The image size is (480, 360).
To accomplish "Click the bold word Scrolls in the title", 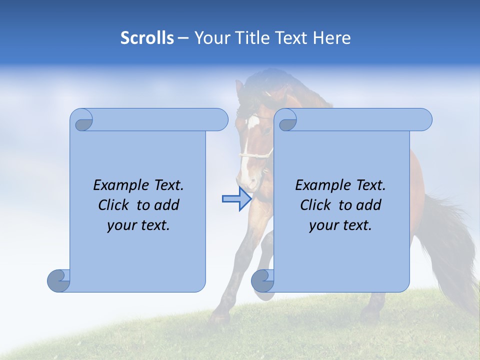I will tap(147, 38).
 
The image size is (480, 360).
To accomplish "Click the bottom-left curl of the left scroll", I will tap(58, 281).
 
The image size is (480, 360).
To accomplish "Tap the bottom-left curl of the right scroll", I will tap(262, 281).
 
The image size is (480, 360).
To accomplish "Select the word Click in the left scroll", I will tap(115, 205).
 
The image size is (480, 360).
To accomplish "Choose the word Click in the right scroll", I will tap(317, 205).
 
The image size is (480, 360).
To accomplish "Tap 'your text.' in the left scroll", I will tap(138, 225).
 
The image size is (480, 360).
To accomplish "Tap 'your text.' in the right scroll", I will tap(340, 225).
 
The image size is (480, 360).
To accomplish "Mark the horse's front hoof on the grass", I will tap(218, 317).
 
